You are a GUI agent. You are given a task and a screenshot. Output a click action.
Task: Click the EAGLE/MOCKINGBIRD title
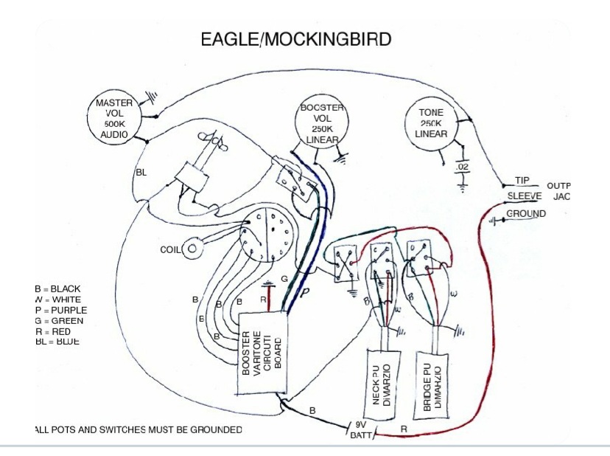click(295, 40)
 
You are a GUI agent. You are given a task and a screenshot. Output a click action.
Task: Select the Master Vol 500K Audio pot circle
click(114, 117)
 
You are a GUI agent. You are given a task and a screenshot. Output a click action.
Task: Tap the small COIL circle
click(193, 249)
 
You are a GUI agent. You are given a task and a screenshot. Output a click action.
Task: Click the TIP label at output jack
click(522, 181)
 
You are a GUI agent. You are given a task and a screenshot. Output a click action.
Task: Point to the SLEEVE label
click(525, 196)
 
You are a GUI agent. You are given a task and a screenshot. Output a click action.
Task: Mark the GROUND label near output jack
click(526, 214)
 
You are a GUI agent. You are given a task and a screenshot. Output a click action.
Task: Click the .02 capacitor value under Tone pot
click(463, 168)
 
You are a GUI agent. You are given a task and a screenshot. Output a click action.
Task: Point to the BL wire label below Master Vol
click(141, 172)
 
